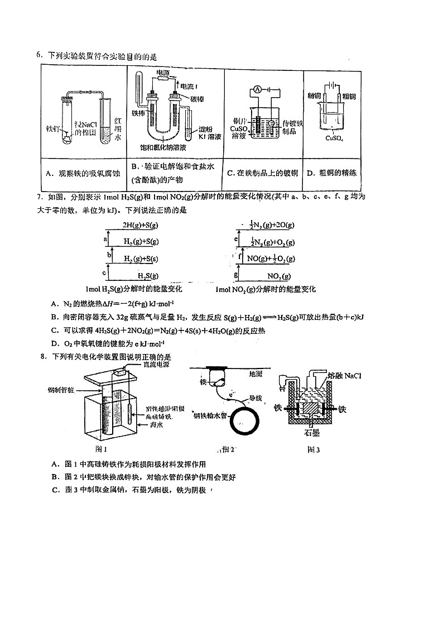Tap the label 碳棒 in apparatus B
198,99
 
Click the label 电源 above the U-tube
163,73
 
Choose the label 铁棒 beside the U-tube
138,113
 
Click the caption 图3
310,450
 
